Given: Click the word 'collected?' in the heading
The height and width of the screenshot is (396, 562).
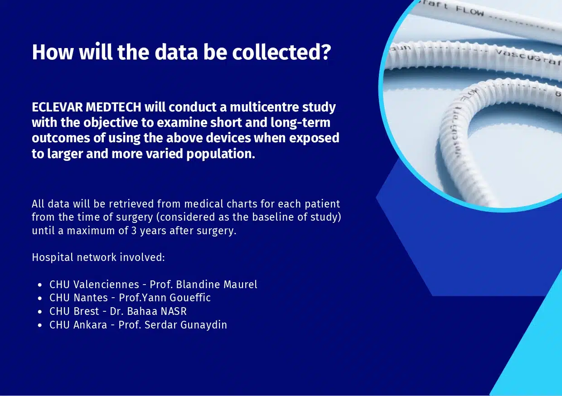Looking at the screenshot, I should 281,53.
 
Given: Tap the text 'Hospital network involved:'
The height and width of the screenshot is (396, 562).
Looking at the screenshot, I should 98,258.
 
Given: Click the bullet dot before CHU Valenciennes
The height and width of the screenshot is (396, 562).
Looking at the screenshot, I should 40,285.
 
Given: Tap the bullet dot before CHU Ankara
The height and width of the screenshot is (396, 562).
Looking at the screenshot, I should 40,325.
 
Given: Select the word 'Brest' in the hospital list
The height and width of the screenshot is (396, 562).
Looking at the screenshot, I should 86,311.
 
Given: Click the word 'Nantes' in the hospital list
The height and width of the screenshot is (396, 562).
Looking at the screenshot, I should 91,298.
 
